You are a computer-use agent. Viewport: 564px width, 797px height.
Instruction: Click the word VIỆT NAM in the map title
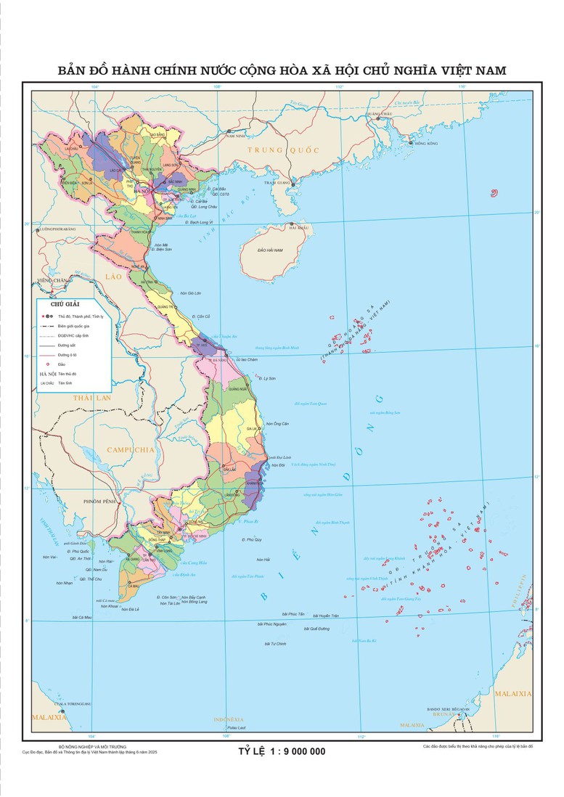point(470,70)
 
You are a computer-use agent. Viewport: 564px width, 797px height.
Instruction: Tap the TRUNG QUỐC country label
point(283,150)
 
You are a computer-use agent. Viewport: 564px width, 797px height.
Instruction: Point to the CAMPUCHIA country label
point(131,450)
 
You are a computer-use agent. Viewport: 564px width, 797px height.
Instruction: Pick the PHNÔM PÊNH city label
point(100,502)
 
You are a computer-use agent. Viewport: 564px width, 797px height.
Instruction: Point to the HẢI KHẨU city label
point(299,228)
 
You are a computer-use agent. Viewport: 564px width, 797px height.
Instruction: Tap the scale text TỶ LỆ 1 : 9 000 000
point(282,751)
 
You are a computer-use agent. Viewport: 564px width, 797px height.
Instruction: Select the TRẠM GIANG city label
point(278,183)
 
